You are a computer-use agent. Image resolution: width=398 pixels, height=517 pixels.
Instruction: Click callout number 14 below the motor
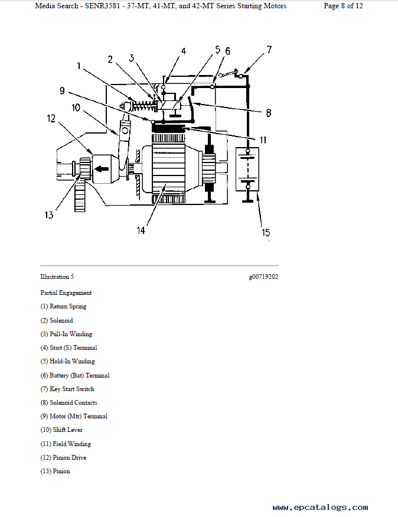click(x=141, y=230)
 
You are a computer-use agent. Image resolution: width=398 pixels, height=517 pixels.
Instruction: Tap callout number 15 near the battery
click(x=266, y=232)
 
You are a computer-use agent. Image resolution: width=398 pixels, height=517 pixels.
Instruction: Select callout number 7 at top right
click(x=269, y=50)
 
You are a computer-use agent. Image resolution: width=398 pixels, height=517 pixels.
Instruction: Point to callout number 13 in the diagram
click(x=49, y=215)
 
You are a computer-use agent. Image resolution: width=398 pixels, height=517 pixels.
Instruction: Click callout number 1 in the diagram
click(x=79, y=66)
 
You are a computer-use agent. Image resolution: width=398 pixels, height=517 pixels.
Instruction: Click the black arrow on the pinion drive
click(x=102, y=169)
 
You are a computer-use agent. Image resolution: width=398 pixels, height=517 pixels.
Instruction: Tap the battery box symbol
click(x=247, y=169)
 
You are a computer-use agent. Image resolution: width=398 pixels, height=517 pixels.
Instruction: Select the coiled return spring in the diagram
click(x=143, y=106)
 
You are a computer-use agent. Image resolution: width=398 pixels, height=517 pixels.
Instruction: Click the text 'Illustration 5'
click(x=57, y=277)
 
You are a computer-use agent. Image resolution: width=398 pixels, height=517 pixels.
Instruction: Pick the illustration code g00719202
click(x=263, y=277)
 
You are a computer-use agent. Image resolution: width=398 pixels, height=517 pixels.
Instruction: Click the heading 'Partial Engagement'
click(x=66, y=293)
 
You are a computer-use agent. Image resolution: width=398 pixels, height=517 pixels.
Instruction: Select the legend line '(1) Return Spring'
click(x=63, y=306)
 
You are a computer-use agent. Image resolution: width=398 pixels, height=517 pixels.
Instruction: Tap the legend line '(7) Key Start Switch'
click(x=67, y=389)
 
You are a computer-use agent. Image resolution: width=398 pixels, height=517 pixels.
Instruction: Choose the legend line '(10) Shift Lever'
click(x=61, y=430)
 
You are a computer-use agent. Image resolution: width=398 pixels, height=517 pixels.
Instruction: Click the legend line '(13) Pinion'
click(x=55, y=471)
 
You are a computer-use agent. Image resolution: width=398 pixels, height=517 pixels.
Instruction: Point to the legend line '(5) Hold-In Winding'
click(x=67, y=362)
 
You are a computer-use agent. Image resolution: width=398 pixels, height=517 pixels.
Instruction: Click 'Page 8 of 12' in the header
click(x=343, y=6)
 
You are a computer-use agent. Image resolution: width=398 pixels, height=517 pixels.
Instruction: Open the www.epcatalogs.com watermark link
click(x=320, y=507)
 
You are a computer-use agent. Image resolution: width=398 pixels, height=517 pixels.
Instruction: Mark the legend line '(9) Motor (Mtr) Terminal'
click(x=74, y=417)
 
